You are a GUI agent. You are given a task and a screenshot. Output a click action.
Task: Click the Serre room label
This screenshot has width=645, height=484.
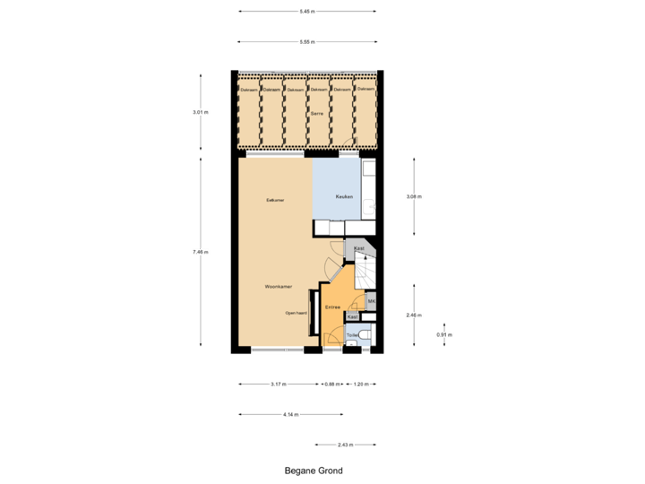click(x=316, y=115)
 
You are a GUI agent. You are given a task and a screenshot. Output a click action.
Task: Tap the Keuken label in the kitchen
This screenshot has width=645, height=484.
click(x=344, y=196)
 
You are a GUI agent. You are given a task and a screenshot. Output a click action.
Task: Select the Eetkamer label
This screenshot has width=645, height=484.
click(x=275, y=200)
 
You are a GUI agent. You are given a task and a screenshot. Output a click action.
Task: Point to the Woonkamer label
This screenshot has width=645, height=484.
click(x=278, y=287)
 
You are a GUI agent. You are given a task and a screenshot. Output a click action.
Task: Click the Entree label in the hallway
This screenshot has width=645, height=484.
click(x=332, y=307)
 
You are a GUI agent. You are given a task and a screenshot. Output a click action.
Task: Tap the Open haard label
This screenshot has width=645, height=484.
click(x=297, y=313)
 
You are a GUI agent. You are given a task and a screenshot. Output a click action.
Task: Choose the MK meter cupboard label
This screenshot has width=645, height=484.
click(x=371, y=301)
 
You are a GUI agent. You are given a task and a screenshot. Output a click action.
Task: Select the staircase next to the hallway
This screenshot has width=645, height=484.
click(x=365, y=271)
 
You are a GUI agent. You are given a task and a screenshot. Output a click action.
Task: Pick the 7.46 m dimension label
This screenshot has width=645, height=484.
click(x=200, y=253)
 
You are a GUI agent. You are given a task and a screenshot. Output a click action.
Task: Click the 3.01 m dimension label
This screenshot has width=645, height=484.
click(x=200, y=112)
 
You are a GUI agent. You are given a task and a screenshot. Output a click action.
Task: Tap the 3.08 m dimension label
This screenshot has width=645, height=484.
click(x=413, y=196)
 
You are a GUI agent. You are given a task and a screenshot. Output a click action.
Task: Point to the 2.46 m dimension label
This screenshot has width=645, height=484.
click(x=413, y=315)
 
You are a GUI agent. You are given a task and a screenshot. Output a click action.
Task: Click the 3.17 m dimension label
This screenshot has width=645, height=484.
click(x=278, y=385)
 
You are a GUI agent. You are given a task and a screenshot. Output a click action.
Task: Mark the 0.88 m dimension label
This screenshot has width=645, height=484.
click(x=331, y=385)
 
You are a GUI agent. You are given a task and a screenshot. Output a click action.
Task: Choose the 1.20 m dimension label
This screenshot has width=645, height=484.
click(x=359, y=385)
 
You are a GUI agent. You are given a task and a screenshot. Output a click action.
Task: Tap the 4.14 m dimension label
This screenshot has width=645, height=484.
click(x=289, y=415)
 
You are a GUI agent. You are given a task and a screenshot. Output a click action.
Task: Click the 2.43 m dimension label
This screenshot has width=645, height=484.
click(x=345, y=445)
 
